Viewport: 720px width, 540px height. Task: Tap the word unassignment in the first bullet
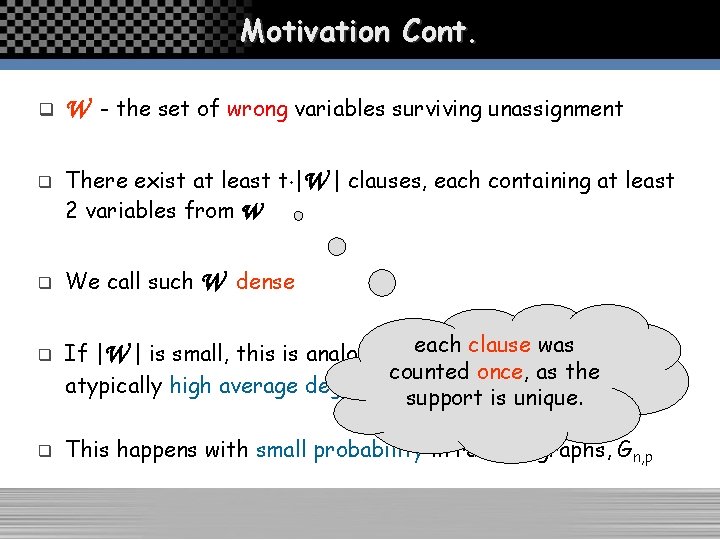coord(555,108)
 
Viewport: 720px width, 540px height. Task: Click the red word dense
coord(265,282)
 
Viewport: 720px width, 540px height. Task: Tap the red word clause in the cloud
coord(499,345)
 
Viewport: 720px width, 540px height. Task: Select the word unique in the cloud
coord(548,398)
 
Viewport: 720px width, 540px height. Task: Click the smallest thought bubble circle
coord(298,215)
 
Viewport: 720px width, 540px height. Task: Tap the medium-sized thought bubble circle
coord(338,245)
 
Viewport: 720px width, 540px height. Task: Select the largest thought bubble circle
coord(383,283)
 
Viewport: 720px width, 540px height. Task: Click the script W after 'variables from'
coord(249,211)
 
